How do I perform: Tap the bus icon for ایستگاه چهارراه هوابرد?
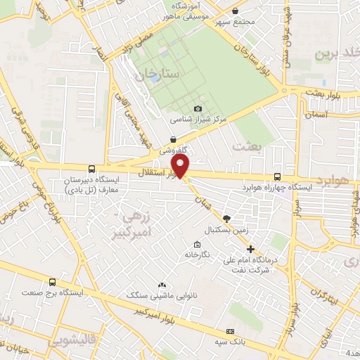coord(277,178)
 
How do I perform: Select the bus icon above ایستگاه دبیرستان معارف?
coord(92,169)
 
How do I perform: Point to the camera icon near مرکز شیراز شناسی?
coord(198,108)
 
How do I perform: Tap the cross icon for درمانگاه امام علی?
coord(250,249)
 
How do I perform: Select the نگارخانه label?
coord(196,255)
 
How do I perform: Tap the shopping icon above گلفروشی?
coord(173,140)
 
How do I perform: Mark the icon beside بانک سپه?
coord(229,331)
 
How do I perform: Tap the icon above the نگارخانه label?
coord(196,245)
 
